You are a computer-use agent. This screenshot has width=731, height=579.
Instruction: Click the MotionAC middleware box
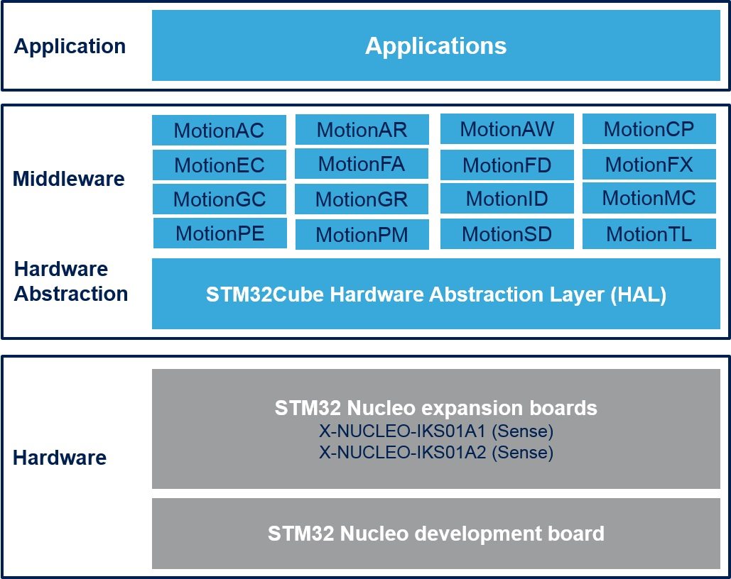[219, 130]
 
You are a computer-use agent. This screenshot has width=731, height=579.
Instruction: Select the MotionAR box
[362, 130]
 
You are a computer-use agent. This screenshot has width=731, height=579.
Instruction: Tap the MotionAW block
[507, 129]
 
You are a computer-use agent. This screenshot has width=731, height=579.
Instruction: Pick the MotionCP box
[649, 129]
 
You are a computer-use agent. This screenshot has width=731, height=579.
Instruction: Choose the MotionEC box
[219, 165]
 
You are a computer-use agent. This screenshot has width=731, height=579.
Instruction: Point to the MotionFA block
[362, 164]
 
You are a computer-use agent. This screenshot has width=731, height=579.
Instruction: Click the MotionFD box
[507, 165]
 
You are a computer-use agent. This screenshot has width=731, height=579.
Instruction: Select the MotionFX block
[649, 165]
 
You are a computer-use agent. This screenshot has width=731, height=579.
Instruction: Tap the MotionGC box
[219, 199]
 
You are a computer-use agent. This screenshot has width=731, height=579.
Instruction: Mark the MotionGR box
[362, 199]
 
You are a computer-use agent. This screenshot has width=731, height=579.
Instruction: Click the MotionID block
[507, 199]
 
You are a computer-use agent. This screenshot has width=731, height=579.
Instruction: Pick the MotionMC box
[649, 198]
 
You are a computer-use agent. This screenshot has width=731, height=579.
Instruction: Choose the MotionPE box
[220, 233]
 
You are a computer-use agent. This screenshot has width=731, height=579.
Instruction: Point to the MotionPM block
[362, 235]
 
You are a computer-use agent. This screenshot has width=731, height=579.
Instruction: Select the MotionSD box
[507, 234]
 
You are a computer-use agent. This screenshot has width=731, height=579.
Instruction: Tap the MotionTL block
[649, 234]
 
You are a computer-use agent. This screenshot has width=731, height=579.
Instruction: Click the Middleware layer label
[68, 179]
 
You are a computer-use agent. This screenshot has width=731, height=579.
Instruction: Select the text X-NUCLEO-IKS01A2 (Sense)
[436, 452]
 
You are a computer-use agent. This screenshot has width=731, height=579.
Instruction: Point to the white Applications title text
[436, 46]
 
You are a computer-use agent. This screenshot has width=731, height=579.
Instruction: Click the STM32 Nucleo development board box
[436, 534]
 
